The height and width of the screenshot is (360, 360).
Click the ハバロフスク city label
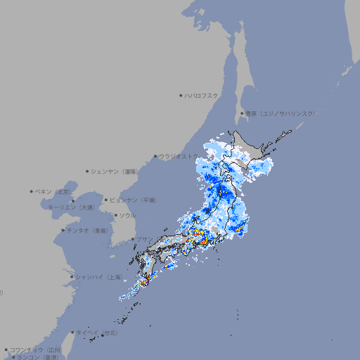tap(202, 96)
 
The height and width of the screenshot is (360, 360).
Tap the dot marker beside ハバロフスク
tap(181, 96)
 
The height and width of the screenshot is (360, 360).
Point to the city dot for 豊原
tap(242, 113)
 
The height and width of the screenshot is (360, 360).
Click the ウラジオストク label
tap(179, 157)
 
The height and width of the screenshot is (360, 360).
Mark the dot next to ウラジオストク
tap(155, 157)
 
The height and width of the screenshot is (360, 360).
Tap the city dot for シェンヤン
tap(88, 171)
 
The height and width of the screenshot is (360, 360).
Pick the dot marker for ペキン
tap(32, 191)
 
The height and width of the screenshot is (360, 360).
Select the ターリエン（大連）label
tap(71, 207)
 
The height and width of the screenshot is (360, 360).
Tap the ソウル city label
tap(127, 216)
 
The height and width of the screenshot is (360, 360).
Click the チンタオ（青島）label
tap(88, 230)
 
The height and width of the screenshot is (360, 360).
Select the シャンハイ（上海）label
tap(98, 277)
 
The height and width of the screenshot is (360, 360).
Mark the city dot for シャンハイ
tap(72, 277)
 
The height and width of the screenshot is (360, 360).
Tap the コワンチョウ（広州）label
tap(36, 349)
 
